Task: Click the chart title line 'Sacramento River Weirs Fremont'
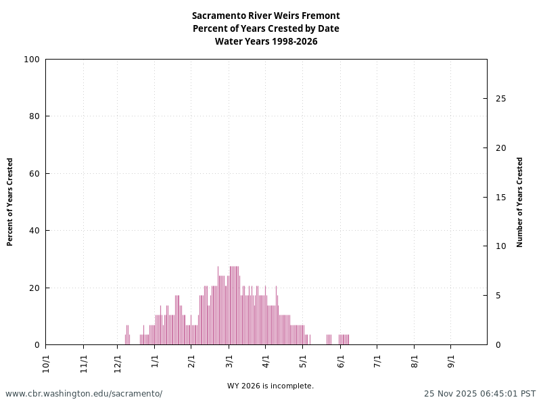pyautogui.click(x=266, y=16)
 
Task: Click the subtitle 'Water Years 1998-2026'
pyautogui.click(x=266, y=41)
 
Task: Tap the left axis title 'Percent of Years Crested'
pyautogui.click(x=10, y=202)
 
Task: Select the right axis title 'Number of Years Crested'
pyautogui.click(x=520, y=202)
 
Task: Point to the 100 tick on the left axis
pyautogui.click(x=32, y=60)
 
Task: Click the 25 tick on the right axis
pyautogui.click(x=500, y=99)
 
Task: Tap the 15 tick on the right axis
pyautogui.click(x=500, y=198)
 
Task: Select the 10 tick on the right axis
pyautogui.click(x=500, y=246)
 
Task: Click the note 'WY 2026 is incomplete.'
pyautogui.click(x=270, y=386)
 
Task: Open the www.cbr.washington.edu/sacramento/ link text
pyautogui.click(x=84, y=394)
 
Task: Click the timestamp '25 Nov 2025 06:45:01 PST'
pyautogui.click(x=479, y=394)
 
